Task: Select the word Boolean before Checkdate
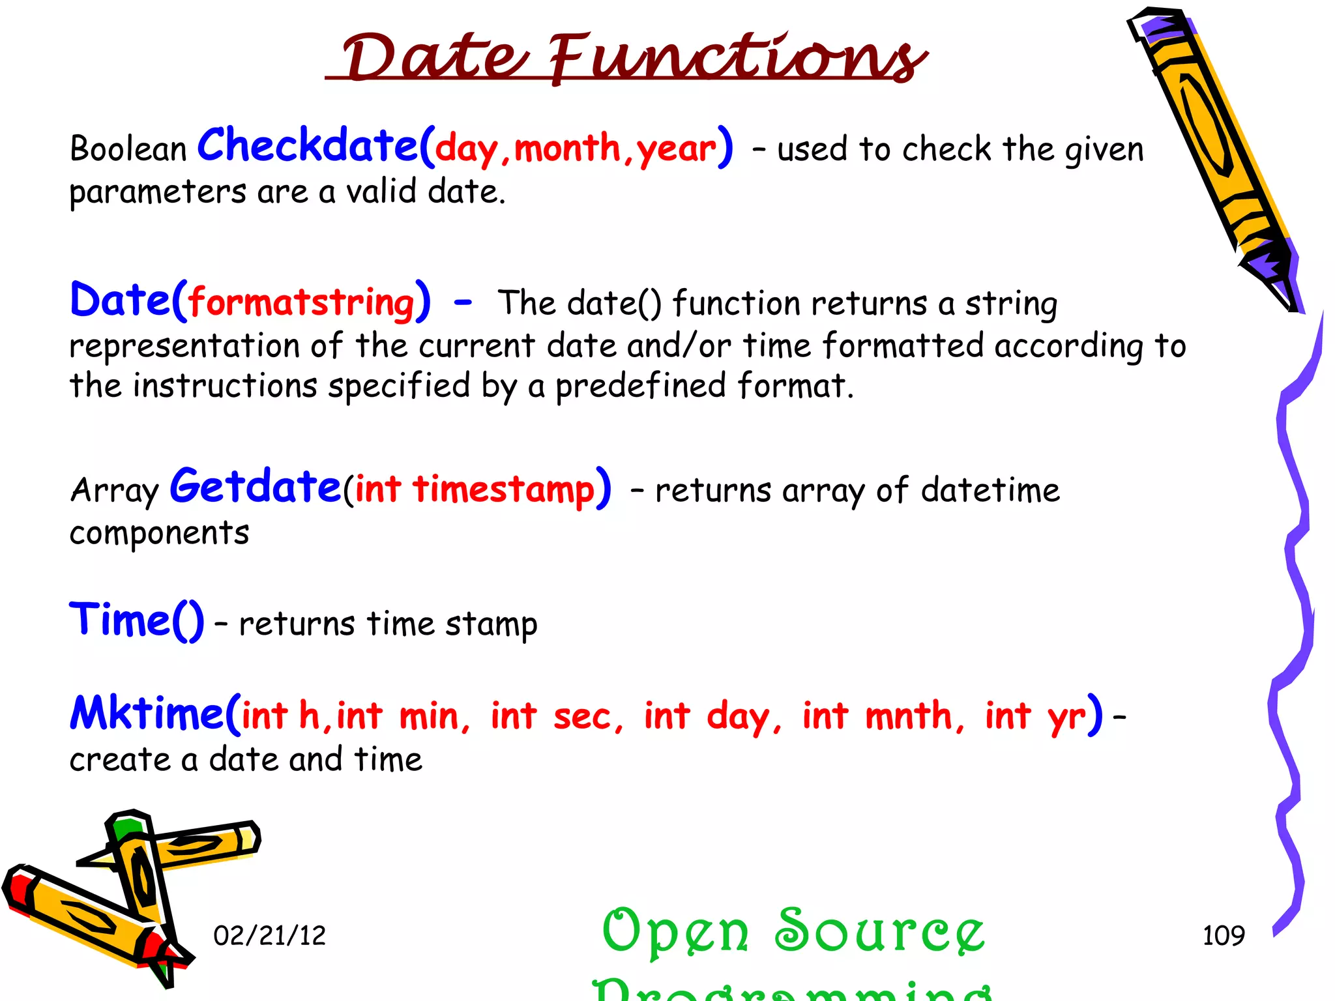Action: (128, 149)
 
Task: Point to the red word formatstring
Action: (302, 303)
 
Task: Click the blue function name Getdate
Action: (255, 487)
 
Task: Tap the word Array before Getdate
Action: (114, 490)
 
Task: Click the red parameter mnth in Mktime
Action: (909, 716)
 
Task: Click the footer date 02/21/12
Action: (269, 936)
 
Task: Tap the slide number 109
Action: (1223, 936)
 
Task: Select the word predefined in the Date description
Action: (640, 386)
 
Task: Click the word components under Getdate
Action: (159, 534)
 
